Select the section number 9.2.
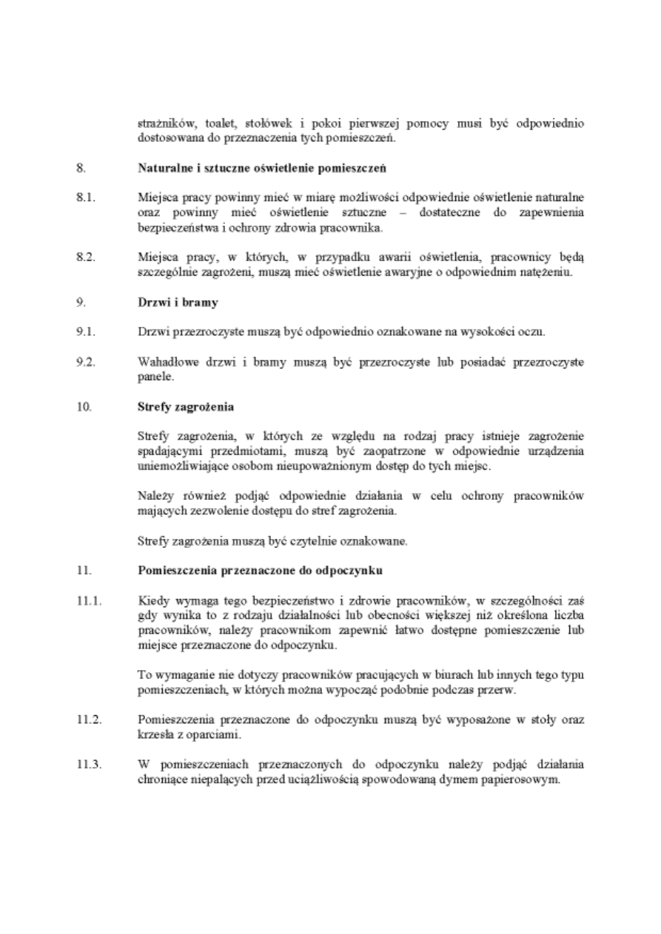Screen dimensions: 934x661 tap(84, 362)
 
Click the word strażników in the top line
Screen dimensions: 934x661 tap(163, 123)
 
